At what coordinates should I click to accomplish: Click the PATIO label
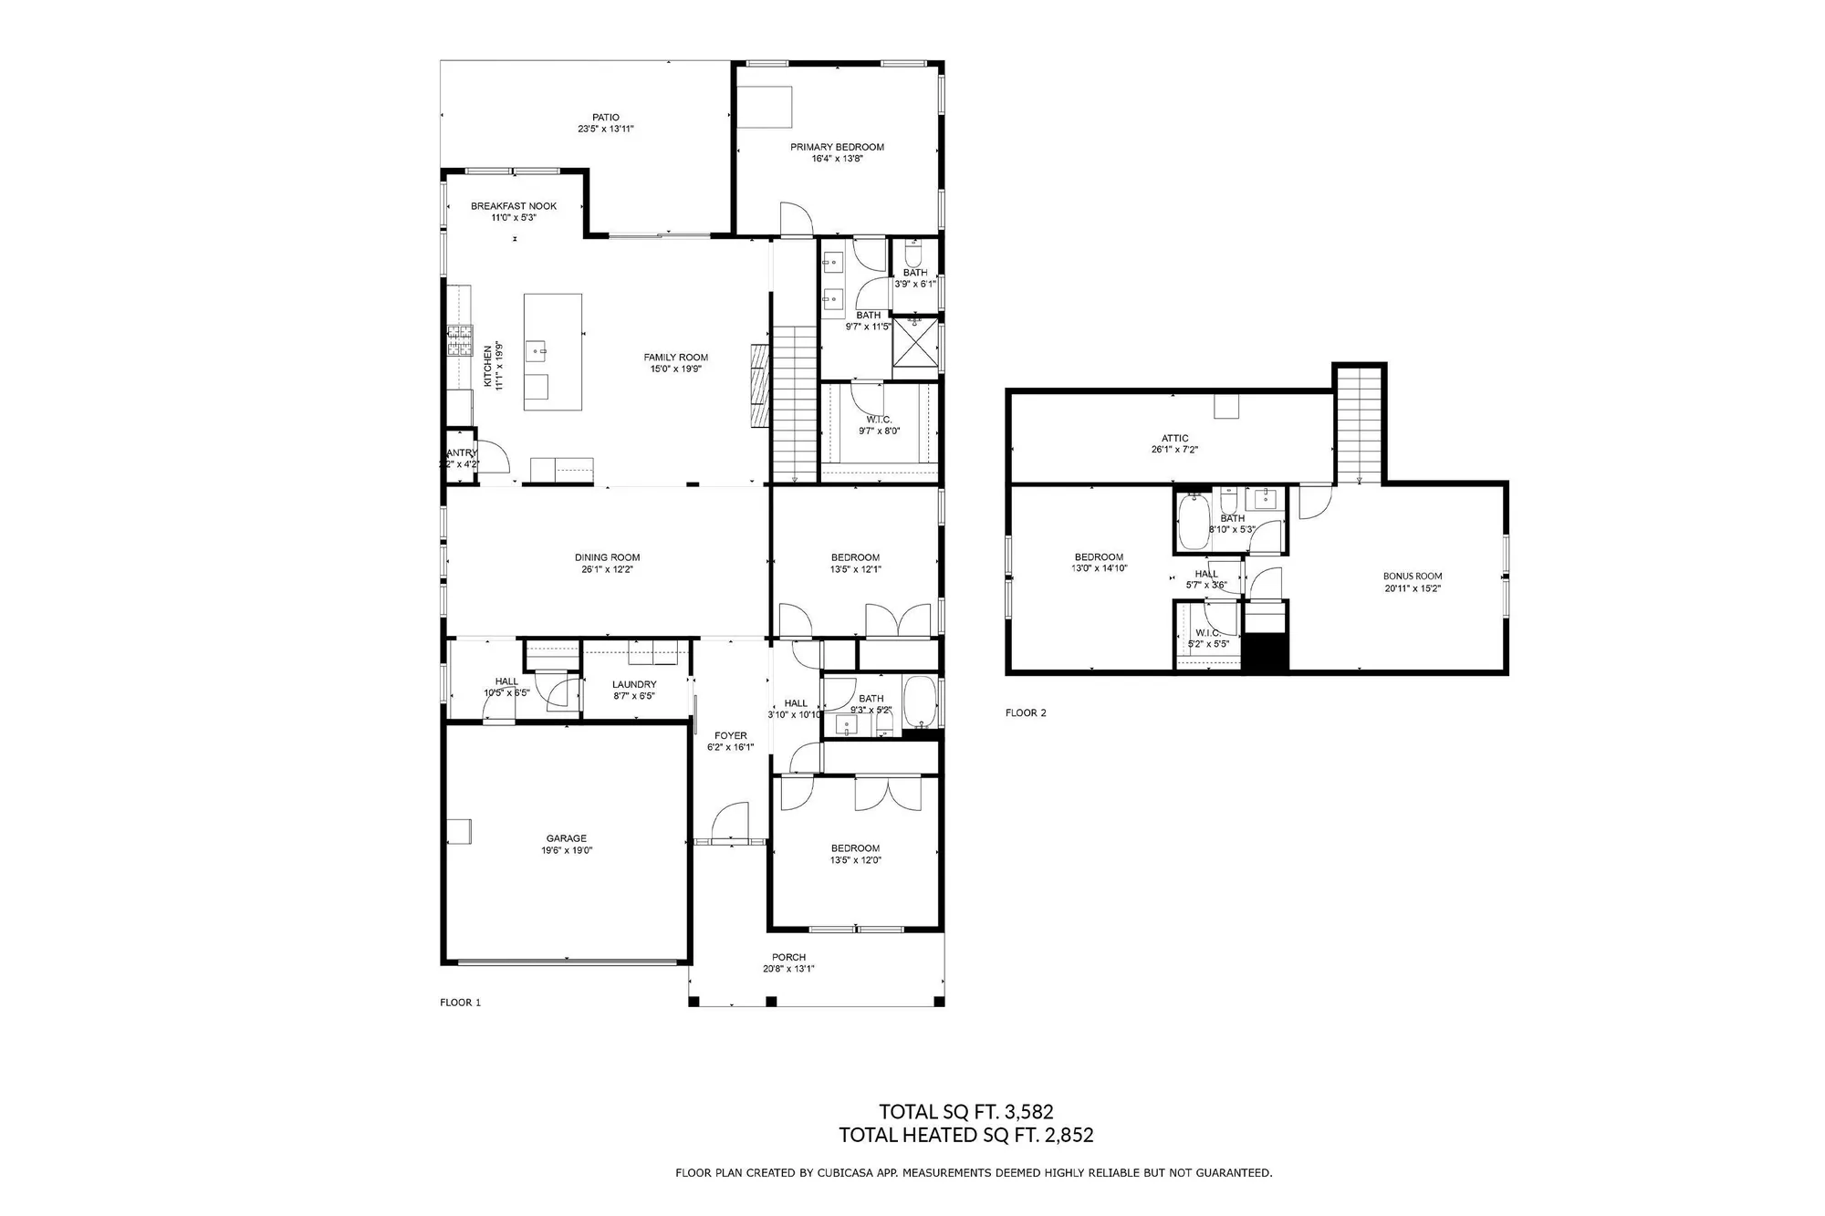[x=605, y=117]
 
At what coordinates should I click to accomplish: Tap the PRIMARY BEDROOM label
[x=837, y=147]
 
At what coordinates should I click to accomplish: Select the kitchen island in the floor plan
[x=553, y=351]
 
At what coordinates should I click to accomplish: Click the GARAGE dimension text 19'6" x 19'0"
[x=567, y=850]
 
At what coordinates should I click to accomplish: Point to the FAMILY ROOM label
[x=675, y=358]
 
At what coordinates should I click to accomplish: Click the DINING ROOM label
[x=607, y=557]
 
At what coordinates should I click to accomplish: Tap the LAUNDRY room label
[x=634, y=684]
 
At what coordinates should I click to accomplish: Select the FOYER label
[x=730, y=735]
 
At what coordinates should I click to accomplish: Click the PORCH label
[x=788, y=957]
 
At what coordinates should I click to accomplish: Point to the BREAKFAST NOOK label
[x=514, y=206]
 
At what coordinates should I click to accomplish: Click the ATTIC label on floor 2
[x=1174, y=438]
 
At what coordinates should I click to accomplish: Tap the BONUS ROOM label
[x=1412, y=577]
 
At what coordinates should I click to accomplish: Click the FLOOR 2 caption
[x=1026, y=712]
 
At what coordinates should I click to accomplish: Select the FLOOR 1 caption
[x=460, y=1003]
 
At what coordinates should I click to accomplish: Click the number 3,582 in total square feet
[x=1028, y=1111]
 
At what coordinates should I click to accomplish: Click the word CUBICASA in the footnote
[x=842, y=1173]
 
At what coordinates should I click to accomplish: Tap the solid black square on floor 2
[x=1267, y=653]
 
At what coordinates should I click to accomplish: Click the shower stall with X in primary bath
[x=915, y=346]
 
